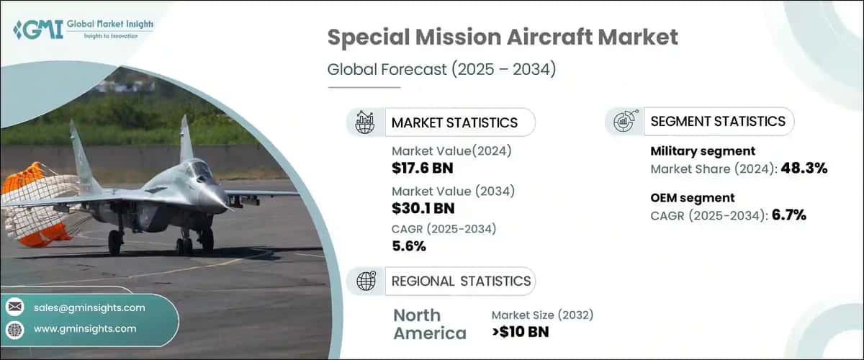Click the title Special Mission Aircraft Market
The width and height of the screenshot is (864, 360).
pos(503,37)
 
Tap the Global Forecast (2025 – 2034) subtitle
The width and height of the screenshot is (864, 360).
pos(441,70)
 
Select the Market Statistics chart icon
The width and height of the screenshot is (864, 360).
pos(365,122)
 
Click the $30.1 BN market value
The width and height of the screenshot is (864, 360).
pos(423,209)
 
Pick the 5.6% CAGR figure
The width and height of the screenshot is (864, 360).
pos(409,246)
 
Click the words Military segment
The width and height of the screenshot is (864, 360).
pos(703,151)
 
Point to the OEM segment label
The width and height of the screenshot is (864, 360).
pos(693,197)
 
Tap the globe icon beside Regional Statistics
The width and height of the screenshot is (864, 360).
pos(365,281)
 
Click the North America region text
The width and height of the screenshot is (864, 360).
pos(430,324)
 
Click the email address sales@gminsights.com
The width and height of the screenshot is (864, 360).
pos(89,307)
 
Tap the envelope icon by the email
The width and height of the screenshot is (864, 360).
pos(14,307)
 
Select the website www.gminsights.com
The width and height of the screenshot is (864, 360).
pos(85,329)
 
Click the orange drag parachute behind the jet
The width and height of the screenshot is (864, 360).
pos(32,205)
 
